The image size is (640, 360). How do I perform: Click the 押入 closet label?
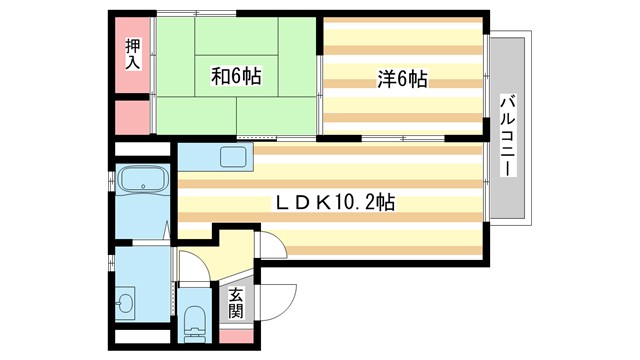tap(133, 53)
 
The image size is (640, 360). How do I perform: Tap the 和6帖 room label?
tap(236, 77)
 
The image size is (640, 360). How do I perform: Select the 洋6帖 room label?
tap(401, 78)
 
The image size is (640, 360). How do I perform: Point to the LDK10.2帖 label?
tap(335, 202)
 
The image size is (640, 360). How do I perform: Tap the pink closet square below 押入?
tap(132, 118)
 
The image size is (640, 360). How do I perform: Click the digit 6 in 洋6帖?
tap(401, 78)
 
